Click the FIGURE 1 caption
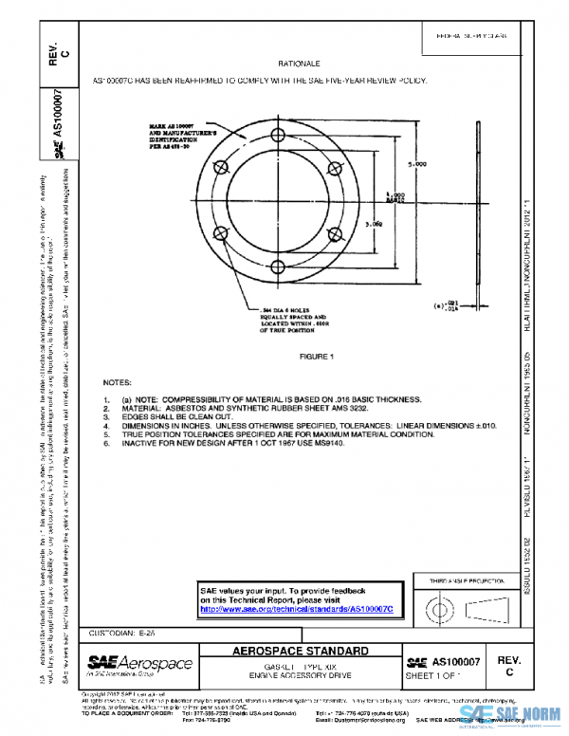point(318,357)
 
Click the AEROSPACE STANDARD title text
point(299,652)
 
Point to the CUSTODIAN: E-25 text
point(115,632)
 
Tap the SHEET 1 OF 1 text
point(432,674)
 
